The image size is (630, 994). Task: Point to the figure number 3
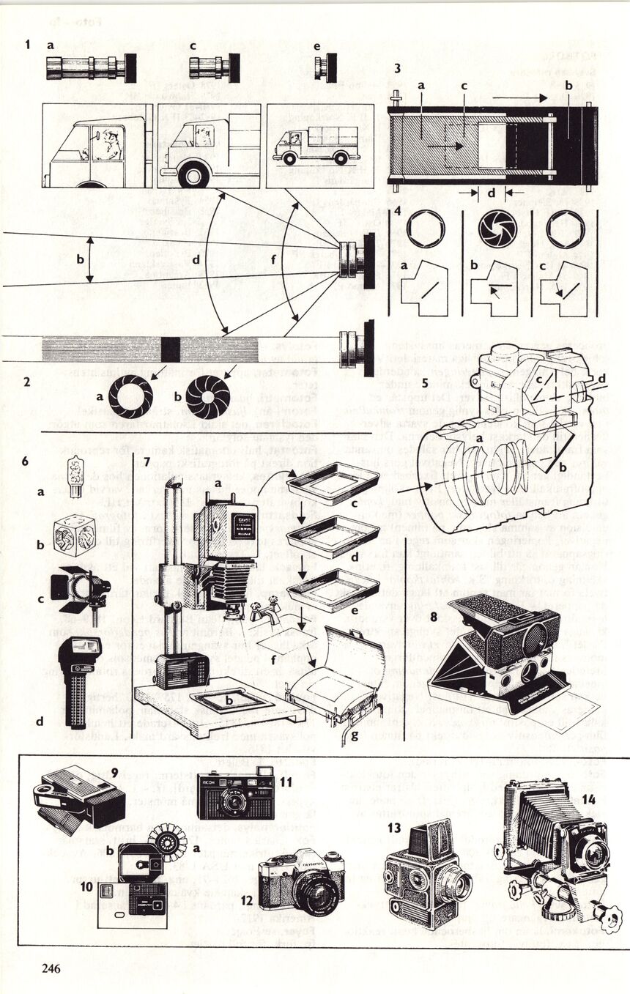click(396, 69)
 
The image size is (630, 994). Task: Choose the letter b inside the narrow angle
click(80, 259)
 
